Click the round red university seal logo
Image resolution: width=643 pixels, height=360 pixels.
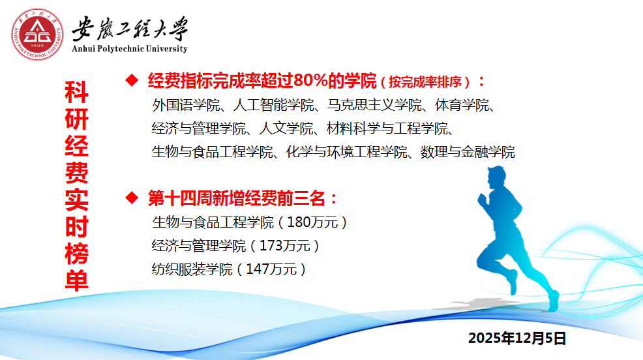pos(37,35)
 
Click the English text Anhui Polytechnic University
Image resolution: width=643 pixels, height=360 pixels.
pos(130,49)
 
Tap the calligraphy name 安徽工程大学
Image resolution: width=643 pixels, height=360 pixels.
pos(130,29)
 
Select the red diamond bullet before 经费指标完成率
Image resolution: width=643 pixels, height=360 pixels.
pos(132,80)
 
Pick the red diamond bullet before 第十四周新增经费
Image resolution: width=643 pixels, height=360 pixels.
pos(132,198)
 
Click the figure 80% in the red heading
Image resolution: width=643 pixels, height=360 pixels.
pos(310,80)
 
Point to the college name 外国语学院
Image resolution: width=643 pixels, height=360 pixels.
pos(186,106)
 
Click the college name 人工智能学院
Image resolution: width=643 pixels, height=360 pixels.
pos(273,106)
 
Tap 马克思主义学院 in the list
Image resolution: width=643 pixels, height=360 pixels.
pos(374,106)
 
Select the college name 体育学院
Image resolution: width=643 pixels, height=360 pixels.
pos(462,106)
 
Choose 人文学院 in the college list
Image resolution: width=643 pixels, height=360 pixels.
pos(286,128)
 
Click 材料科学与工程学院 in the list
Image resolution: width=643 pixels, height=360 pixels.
pos(387,128)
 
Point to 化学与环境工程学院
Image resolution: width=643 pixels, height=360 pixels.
pos(346,152)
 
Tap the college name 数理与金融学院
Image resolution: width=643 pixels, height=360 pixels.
pos(468,152)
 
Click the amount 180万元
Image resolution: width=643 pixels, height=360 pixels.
pos(312,222)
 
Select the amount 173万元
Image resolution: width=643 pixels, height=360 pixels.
pos(284,246)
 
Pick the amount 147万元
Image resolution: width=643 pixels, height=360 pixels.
pos(271,269)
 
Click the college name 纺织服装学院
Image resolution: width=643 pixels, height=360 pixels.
pos(192,269)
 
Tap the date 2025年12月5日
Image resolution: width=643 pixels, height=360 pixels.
pos(517,338)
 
